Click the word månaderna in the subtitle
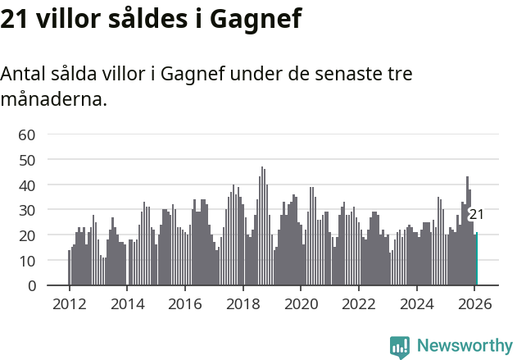[53, 100]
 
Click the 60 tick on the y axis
[27, 134]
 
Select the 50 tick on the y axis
[27, 160]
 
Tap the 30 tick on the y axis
[27, 210]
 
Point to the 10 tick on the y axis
[27, 261]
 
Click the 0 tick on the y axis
[31, 286]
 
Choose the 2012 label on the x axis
[69, 303]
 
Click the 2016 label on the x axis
[184, 303]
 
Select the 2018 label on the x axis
[243, 303]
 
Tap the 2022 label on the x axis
[358, 303]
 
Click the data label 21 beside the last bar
[476, 215]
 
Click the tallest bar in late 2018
[262, 230]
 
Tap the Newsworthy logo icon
[400, 347]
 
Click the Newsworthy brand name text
[465, 346]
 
